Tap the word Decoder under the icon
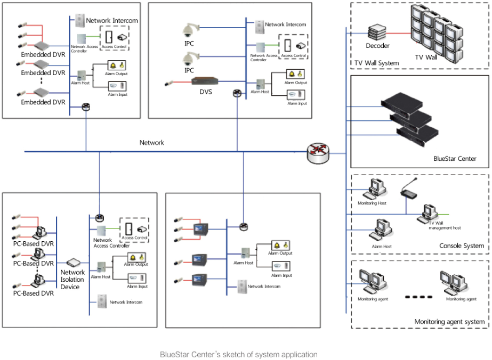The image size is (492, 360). (377, 46)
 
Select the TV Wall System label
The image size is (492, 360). (376, 63)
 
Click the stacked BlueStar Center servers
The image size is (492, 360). (409, 119)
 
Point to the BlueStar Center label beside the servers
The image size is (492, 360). (455, 159)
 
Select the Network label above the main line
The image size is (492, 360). (152, 143)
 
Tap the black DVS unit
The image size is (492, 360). (206, 82)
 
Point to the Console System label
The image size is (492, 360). (462, 246)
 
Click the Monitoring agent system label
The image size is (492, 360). (449, 322)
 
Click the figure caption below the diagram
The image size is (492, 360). (238, 354)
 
